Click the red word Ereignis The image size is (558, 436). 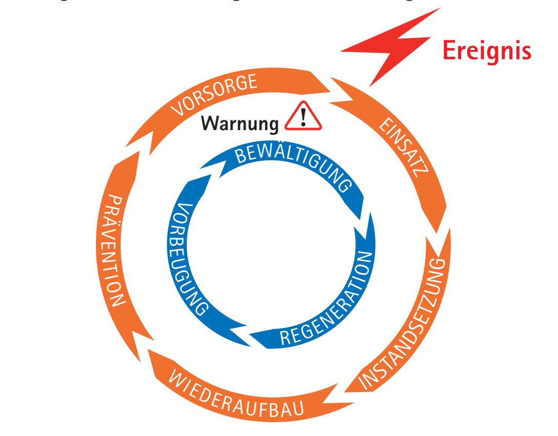point(486,51)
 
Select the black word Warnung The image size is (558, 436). point(240,123)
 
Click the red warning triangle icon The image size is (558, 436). point(303,117)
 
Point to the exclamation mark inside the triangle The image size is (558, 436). point(304,117)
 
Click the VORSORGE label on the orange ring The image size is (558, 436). point(214,95)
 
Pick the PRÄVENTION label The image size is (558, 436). point(111,251)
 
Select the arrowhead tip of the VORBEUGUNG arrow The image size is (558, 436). point(211,175)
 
